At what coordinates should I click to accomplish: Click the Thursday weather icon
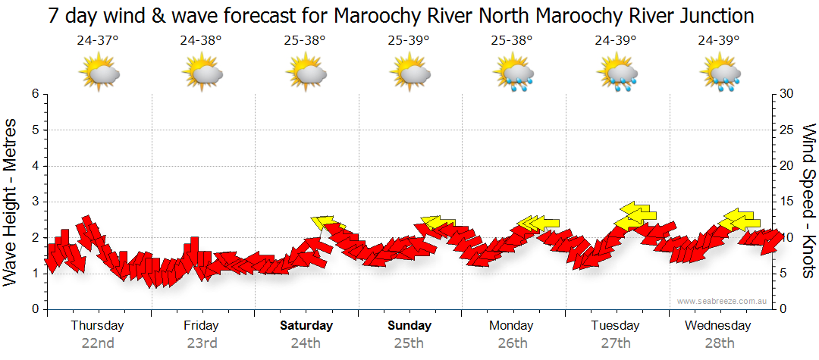point(99,74)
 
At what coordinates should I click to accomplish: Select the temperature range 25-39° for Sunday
point(408,41)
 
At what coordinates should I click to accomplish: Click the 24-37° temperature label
point(97,41)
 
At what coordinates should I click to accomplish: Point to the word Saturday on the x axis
point(306,326)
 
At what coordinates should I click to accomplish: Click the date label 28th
point(720,343)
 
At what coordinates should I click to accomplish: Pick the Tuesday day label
point(615,326)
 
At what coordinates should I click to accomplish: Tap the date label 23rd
point(202,343)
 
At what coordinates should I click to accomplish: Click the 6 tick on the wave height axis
point(34,94)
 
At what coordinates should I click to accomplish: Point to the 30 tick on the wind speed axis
point(786,94)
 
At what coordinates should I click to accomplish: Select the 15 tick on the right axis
point(786,202)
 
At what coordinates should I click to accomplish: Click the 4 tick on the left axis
point(34,166)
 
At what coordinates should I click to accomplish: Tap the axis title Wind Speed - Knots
point(808,202)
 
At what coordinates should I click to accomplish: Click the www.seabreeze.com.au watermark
point(723,301)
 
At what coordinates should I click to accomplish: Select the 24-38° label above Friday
point(201,41)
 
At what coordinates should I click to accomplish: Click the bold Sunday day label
point(409,326)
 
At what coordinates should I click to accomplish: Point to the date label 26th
point(513,343)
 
